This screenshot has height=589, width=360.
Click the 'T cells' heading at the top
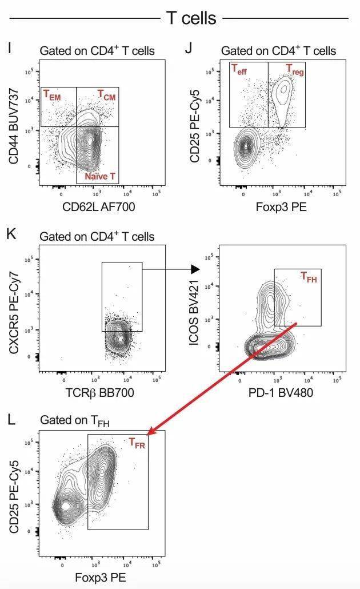click(191, 18)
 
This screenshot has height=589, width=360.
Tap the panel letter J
click(189, 48)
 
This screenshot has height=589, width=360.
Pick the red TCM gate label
click(106, 94)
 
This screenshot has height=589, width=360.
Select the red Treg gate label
click(295, 70)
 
